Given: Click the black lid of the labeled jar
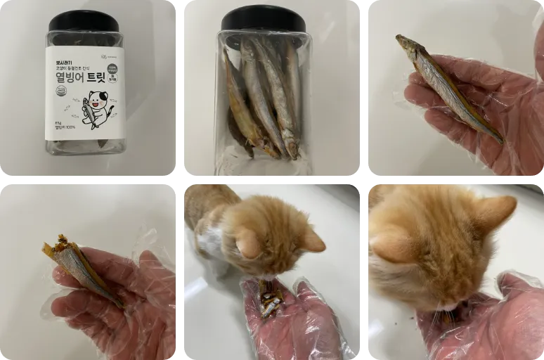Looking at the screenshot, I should (x=84, y=20).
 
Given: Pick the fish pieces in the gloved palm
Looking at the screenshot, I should (x=271, y=299).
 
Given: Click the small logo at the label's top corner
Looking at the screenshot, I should (x=108, y=56).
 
